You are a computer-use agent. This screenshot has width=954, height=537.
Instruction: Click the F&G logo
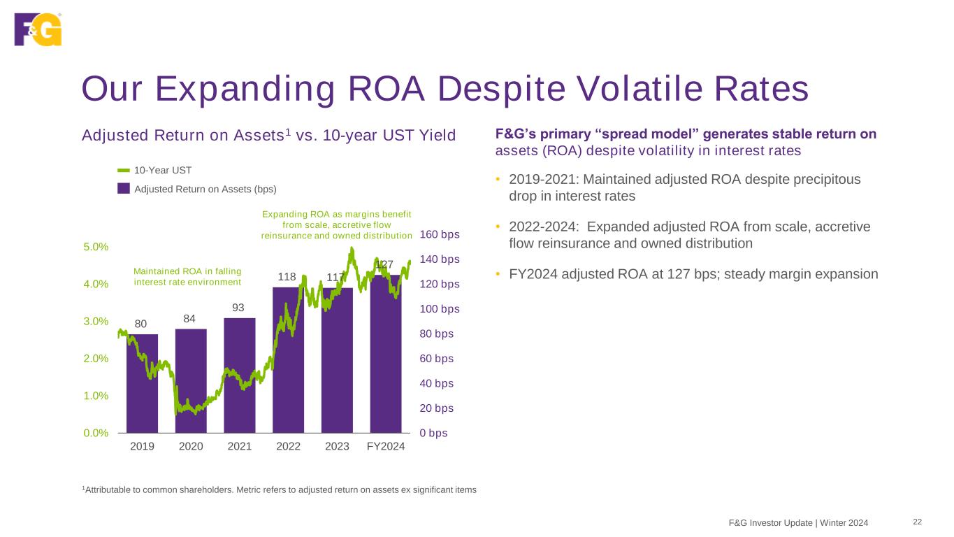38,29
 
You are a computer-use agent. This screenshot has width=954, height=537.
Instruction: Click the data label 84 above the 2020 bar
190,318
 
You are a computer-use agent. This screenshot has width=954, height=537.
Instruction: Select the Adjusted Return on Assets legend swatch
124,189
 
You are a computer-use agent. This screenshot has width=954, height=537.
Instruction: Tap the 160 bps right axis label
440,234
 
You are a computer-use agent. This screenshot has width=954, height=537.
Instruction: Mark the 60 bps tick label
437,359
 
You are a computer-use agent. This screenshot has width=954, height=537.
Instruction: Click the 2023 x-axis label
337,447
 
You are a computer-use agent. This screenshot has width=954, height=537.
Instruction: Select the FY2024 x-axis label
386,447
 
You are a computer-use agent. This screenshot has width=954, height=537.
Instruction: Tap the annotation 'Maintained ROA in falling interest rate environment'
187,276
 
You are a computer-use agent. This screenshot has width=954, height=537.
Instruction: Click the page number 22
917,522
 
